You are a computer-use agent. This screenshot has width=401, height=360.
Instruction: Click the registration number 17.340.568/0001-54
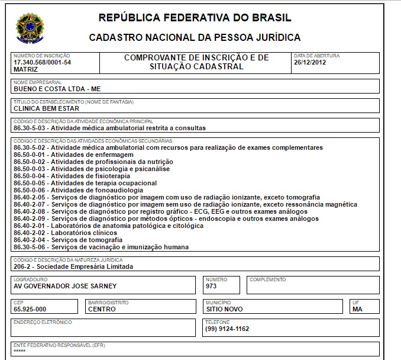tap(42, 62)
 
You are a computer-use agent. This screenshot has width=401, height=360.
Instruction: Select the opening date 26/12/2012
tap(310, 62)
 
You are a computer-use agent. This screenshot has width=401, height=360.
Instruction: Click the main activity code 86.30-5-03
tap(30, 127)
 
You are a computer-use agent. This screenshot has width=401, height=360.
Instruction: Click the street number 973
tap(211, 285)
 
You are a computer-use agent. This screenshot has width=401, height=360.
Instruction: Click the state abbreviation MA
tap(357, 308)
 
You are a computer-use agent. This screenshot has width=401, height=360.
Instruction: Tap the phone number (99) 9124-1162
tap(227, 329)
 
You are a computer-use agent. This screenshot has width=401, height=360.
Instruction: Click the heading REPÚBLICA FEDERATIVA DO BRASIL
tap(195, 17)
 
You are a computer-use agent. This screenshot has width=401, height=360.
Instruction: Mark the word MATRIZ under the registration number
tap(25, 69)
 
